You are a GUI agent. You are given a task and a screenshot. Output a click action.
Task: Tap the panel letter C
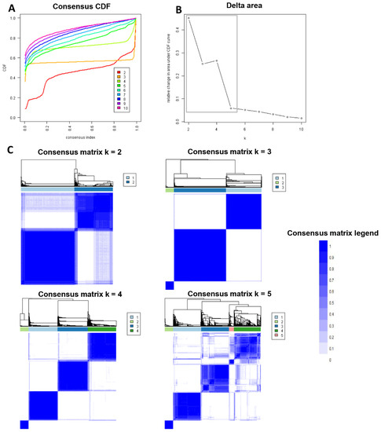(x=9, y=149)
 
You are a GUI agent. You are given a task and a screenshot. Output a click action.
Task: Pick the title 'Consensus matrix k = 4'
(x=68, y=294)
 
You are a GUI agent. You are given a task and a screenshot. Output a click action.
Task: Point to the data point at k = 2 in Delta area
(x=189, y=17)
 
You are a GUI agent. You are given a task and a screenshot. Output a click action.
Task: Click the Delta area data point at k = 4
(x=216, y=60)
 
